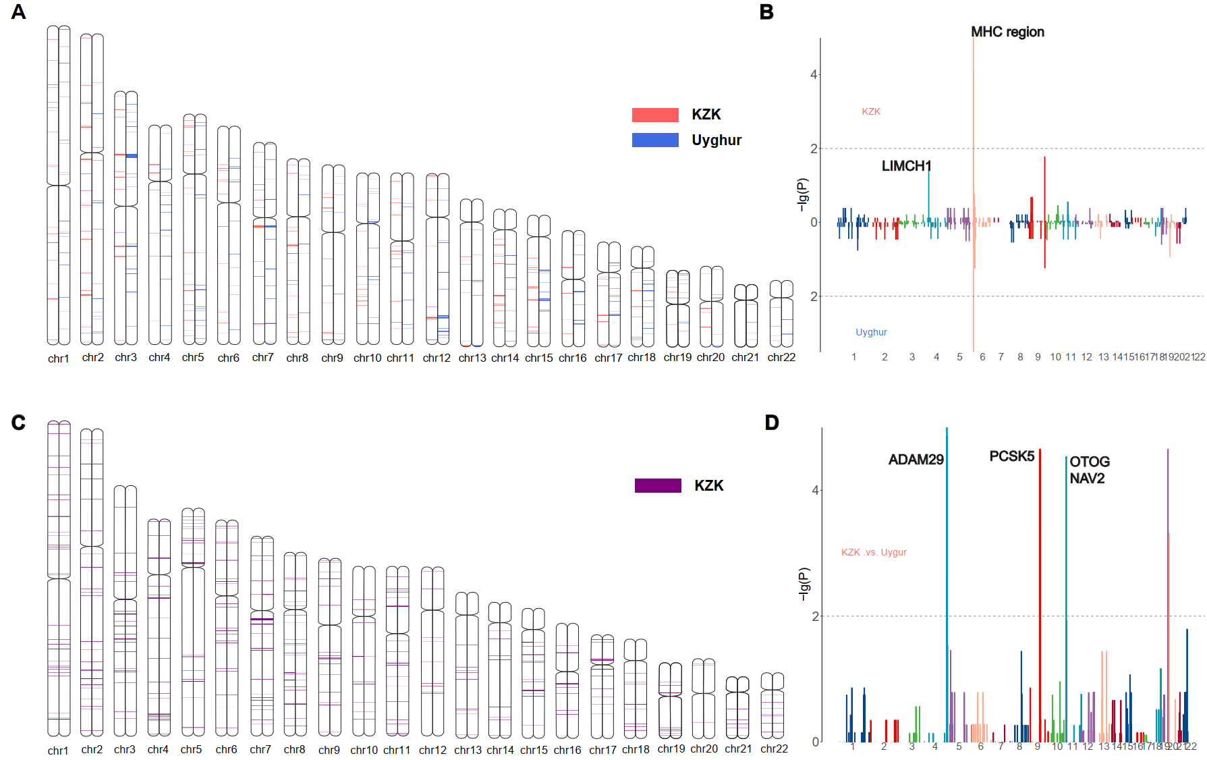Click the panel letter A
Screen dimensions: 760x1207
(19, 12)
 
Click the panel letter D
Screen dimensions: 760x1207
(772, 423)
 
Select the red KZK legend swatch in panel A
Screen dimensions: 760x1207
(654, 115)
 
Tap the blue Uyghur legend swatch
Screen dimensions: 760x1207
(654, 140)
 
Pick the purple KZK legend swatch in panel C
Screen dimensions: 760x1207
(657, 485)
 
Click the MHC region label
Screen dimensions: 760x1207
(1007, 32)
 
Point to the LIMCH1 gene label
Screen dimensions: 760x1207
(906, 166)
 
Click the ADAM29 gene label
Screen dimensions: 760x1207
(916, 460)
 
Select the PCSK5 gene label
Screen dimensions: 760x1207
(1011, 456)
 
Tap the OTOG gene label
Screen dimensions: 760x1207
(1090, 462)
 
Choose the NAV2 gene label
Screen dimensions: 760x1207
(1087, 479)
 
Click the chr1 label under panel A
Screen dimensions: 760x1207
(58, 358)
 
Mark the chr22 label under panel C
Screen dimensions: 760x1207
(774, 749)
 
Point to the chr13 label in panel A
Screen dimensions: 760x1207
(472, 358)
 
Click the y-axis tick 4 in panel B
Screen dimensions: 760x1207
(814, 74)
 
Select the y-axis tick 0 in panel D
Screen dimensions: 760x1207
(815, 742)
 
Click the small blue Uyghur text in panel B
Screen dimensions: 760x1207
(871, 332)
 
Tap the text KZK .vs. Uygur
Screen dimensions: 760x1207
(874, 552)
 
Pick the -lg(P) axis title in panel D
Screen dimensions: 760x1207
(803, 584)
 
